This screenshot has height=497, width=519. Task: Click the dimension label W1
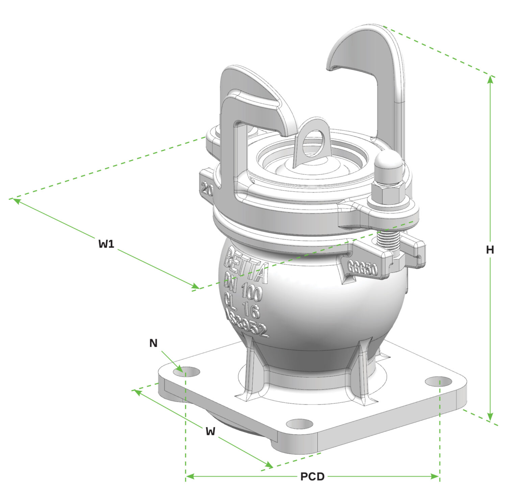click(x=106, y=243)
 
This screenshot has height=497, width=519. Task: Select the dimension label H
click(x=490, y=250)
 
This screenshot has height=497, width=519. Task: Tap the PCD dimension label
click(x=312, y=476)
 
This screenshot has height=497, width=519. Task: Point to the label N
click(x=153, y=343)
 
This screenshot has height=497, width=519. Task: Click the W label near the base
click(x=210, y=431)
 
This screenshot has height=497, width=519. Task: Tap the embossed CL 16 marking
click(x=242, y=306)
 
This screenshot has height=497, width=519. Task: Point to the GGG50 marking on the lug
click(x=362, y=269)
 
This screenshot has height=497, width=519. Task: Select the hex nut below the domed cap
click(x=388, y=193)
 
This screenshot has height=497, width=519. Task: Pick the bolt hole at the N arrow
click(x=186, y=371)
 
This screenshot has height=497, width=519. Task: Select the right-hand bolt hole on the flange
click(x=438, y=381)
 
